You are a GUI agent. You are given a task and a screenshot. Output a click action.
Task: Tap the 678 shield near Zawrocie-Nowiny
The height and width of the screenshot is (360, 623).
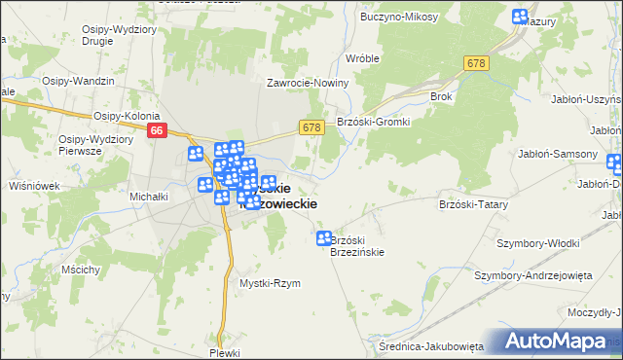311,127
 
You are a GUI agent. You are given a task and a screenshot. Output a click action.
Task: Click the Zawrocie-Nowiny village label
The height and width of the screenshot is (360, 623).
308,83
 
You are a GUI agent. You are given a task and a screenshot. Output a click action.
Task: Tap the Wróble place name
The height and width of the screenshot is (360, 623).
362,58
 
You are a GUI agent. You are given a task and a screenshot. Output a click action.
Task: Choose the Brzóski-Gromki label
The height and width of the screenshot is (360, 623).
374,122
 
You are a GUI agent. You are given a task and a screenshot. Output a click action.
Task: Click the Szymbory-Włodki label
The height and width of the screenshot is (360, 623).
538,242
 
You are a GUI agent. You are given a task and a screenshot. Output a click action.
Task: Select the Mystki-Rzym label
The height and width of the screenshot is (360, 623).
270,283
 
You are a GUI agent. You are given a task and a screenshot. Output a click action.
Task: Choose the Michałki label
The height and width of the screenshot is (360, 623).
150,196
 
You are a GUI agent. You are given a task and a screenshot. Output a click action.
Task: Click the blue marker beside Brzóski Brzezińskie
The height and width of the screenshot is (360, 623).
323,238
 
